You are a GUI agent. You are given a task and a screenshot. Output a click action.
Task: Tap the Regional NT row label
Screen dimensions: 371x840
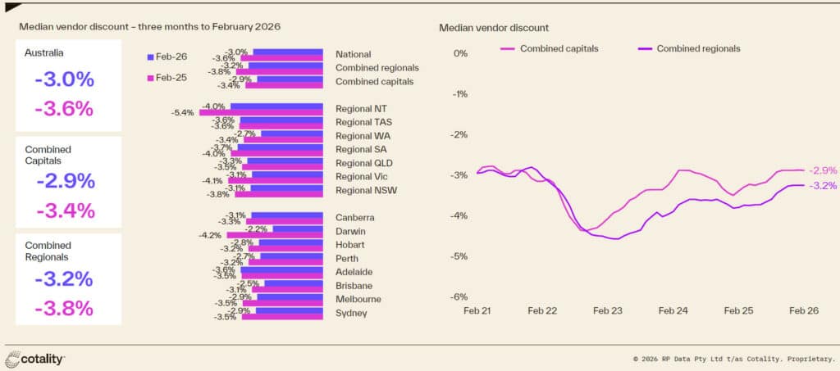pos(362,109)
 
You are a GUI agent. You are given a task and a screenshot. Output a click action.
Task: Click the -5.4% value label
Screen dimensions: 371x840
pos(183,113)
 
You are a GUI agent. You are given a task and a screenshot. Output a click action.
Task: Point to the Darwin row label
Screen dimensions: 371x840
pos(354,231)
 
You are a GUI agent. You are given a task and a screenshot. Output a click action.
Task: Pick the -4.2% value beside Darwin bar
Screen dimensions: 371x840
pos(211,235)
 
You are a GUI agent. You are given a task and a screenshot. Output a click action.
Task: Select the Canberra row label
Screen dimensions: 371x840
pos(356,218)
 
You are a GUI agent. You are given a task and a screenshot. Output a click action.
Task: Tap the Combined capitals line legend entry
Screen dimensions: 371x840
pos(548,48)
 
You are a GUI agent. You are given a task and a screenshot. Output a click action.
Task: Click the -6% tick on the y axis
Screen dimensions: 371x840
pos(459,297)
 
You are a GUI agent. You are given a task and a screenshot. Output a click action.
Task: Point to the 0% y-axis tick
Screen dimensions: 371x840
pos(460,54)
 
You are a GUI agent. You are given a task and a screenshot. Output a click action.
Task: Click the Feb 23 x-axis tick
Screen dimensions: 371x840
pos(608,311)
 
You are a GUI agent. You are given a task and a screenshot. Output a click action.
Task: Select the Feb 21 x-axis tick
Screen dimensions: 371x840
pos(477,311)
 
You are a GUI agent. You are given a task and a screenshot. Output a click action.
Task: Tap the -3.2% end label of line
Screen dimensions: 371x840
pos(823,186)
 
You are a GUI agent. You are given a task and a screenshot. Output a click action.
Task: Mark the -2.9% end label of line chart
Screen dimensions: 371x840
pos(823,170)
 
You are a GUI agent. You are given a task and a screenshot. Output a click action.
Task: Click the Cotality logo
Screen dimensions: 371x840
pos(35,359)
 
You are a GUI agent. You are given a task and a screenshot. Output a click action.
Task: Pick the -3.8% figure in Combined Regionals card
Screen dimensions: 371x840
pos(64,308)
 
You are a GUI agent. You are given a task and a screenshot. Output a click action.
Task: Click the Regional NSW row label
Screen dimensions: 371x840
pos(366,190)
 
